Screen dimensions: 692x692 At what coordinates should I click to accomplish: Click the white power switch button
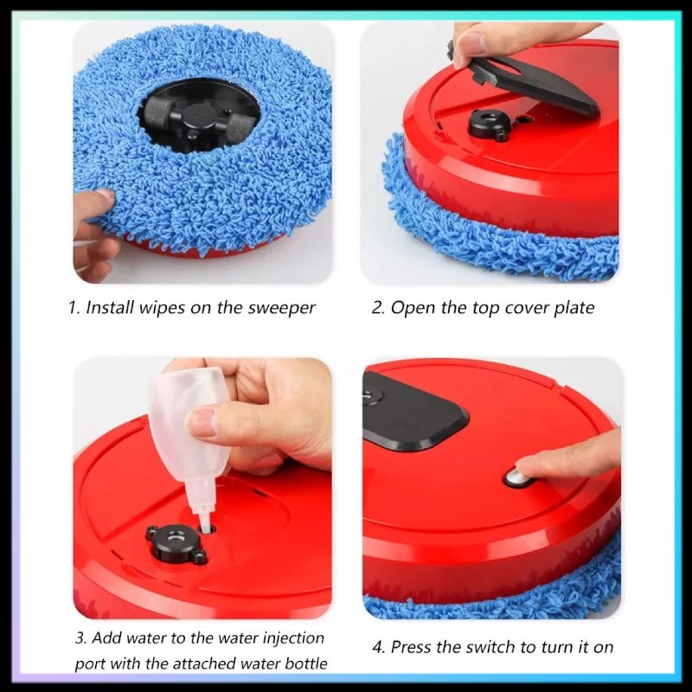click(x=516, y=478)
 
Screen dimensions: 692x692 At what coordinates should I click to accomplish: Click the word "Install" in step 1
click(x=110, y=308)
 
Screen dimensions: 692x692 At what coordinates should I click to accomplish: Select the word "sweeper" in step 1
click(x=282, y=309)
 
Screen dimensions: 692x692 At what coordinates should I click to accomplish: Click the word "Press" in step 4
click(x=413, y=647)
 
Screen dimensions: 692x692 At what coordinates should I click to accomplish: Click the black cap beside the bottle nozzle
click(x=176, y=543)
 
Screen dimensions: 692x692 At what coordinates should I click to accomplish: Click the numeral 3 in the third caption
click(x=80, y=638)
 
